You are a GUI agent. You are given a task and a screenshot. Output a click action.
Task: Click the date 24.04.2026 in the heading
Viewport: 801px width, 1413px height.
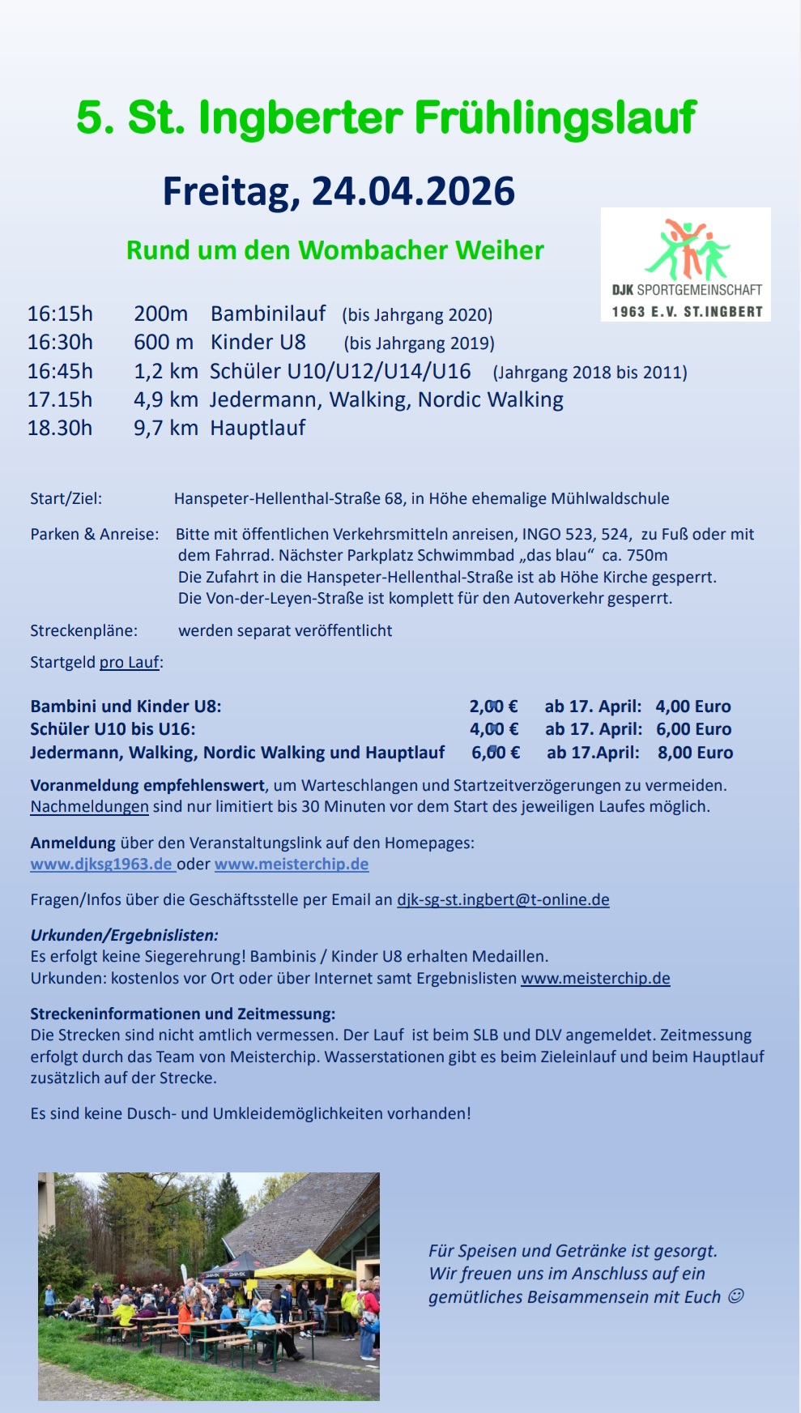point(413,192)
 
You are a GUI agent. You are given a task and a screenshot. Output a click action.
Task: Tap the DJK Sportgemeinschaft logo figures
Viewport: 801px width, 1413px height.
point(687,248)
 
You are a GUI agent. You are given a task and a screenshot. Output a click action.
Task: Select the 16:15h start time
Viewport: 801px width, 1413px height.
point(60,314)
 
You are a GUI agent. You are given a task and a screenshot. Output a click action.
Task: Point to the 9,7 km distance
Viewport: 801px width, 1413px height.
point(165,428)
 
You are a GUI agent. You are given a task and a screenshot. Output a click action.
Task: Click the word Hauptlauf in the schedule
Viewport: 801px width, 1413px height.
point(258,428)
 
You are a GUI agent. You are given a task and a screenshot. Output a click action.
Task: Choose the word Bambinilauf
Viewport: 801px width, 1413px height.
point(268,314)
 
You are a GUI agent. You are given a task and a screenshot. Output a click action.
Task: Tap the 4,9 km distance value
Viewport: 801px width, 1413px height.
point(165,399)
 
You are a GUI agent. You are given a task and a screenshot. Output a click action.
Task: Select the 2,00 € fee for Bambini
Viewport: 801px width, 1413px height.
point(493,706)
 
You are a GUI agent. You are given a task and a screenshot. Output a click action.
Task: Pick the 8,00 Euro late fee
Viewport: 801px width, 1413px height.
point(695,753)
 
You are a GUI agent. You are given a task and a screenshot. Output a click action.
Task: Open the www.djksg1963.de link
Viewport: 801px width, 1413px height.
point(102,864)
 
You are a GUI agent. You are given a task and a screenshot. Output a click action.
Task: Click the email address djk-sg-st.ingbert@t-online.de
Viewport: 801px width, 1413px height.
point(503,900)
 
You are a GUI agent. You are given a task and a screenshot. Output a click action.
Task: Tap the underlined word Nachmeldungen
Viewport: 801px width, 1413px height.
point(89,807)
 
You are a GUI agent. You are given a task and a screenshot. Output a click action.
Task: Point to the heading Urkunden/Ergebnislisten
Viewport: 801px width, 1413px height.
point(124,935)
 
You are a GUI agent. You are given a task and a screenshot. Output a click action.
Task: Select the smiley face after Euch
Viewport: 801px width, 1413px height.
point(735,1296)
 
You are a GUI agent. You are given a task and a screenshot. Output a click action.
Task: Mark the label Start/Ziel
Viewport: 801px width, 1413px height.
point(66,498)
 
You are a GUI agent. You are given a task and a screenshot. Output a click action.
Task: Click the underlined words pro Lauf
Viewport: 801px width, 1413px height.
point(130,663)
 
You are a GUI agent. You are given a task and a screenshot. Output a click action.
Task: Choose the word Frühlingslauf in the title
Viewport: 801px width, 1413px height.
point(555,118)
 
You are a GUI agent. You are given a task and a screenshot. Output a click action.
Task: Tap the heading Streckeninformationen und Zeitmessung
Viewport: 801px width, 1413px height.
point(182,1014)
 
